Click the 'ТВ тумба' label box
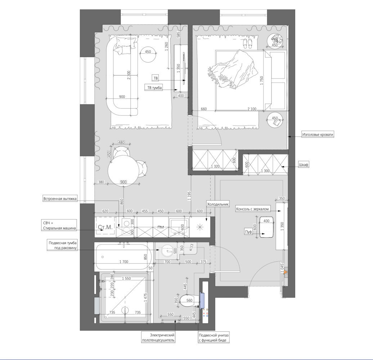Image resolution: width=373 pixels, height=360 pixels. pyautogui.click(x=154, y=87)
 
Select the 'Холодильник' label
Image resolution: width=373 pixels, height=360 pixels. pyautogui.click(x=218, y=204)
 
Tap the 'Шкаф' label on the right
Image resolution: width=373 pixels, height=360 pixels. pyautogui.click(x=304, y=165)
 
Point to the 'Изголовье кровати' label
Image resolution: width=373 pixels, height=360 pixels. pyautogui.click(x=318, y=135)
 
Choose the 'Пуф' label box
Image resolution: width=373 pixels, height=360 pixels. pyautogui.click(x=248, y=231)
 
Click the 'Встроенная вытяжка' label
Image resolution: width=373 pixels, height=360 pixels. pyautogui.click(x=60, y=199)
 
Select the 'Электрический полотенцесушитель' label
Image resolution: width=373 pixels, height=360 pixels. pyautogui.click(x=158, y=338)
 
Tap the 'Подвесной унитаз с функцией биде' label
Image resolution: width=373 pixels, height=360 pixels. pyautogui.click(x=214, y=338)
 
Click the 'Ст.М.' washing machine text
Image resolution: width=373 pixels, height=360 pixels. pyautogui.click(x=105, y=227)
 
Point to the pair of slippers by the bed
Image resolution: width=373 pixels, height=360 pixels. pyautogui.click(x=248, y=44)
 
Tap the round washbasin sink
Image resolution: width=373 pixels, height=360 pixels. pyautogui.click(x=168, y=251)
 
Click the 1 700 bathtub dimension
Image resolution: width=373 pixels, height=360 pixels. pyautogui.click(x=124, y=262)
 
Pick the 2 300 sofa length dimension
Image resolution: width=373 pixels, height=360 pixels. pyautogui.click(x=129, y=75)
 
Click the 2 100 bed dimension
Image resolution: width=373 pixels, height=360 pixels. pyautogui.click(x=252, y=109)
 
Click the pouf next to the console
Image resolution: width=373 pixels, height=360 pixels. pyautogui.click(x=266, y=227)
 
